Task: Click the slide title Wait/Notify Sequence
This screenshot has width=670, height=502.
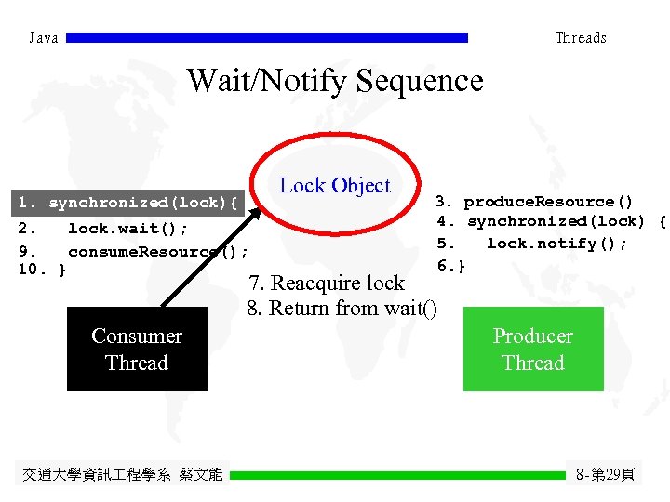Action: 335,81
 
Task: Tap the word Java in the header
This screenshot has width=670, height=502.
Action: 44,38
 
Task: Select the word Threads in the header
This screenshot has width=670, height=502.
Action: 580,38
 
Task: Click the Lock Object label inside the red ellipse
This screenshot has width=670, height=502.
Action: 335,185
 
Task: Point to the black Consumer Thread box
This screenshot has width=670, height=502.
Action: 137,350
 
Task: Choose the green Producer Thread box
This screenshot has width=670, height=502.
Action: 533,350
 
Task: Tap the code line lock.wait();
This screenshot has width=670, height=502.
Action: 127,229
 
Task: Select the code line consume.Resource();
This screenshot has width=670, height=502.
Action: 157,251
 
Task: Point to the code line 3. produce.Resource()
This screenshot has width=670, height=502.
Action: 535,202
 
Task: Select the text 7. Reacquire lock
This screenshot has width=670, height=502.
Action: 326,283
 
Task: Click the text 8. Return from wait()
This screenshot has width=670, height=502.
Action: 342,308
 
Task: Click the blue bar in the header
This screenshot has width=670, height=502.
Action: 268,38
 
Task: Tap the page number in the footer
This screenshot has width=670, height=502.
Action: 606,475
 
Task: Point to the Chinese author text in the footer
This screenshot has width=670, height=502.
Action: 122,475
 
